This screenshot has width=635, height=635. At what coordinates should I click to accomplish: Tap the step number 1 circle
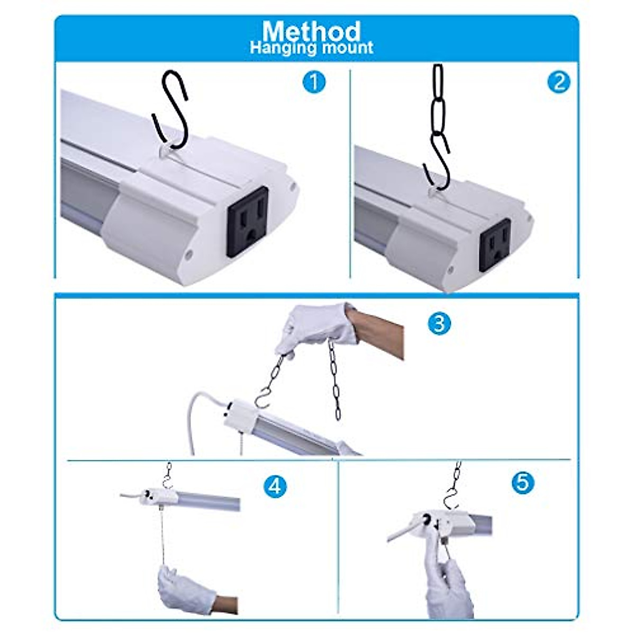(315, 83)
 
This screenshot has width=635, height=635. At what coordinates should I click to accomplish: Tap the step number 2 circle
(559, 83)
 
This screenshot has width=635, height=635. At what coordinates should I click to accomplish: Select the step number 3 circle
(439, 322)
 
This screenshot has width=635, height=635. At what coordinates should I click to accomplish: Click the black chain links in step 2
(439, 101)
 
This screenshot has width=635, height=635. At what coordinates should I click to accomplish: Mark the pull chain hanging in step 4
(159, 534)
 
